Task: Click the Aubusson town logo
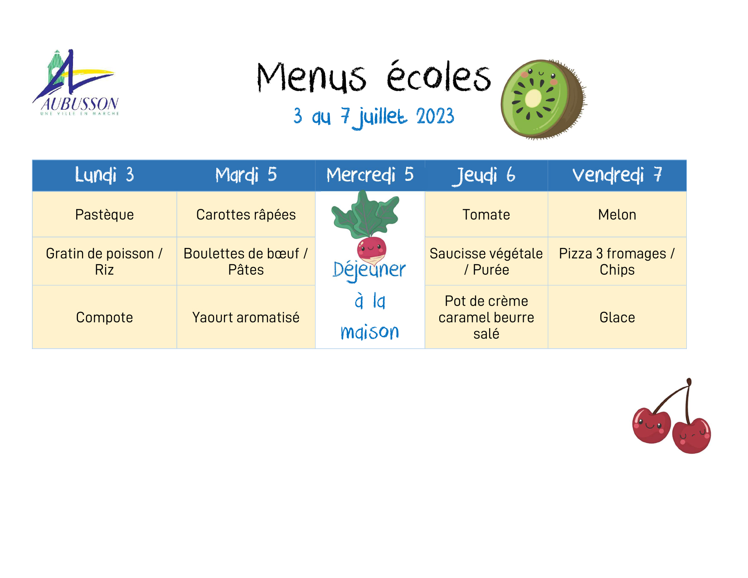[76, 83]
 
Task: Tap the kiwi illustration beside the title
[543, 99]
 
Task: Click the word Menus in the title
[311, 78]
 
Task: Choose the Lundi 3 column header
[104, 175]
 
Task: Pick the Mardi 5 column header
[246, 175]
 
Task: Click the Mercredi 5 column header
[370, 175]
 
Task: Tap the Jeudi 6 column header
[486, 175]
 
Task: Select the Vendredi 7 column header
[617, 175]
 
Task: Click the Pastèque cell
[104, 214]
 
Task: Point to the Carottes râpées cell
[246, 214]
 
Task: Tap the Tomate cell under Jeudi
[486, 214]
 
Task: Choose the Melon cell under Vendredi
[617, 214]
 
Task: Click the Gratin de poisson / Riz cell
[104, 261]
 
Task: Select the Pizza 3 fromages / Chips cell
[617, 261]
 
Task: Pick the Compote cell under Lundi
[104, 317]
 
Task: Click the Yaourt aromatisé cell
[246, 317]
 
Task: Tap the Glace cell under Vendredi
[617, 317]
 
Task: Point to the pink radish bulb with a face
[371, 250]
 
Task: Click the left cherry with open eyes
[651, 426]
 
